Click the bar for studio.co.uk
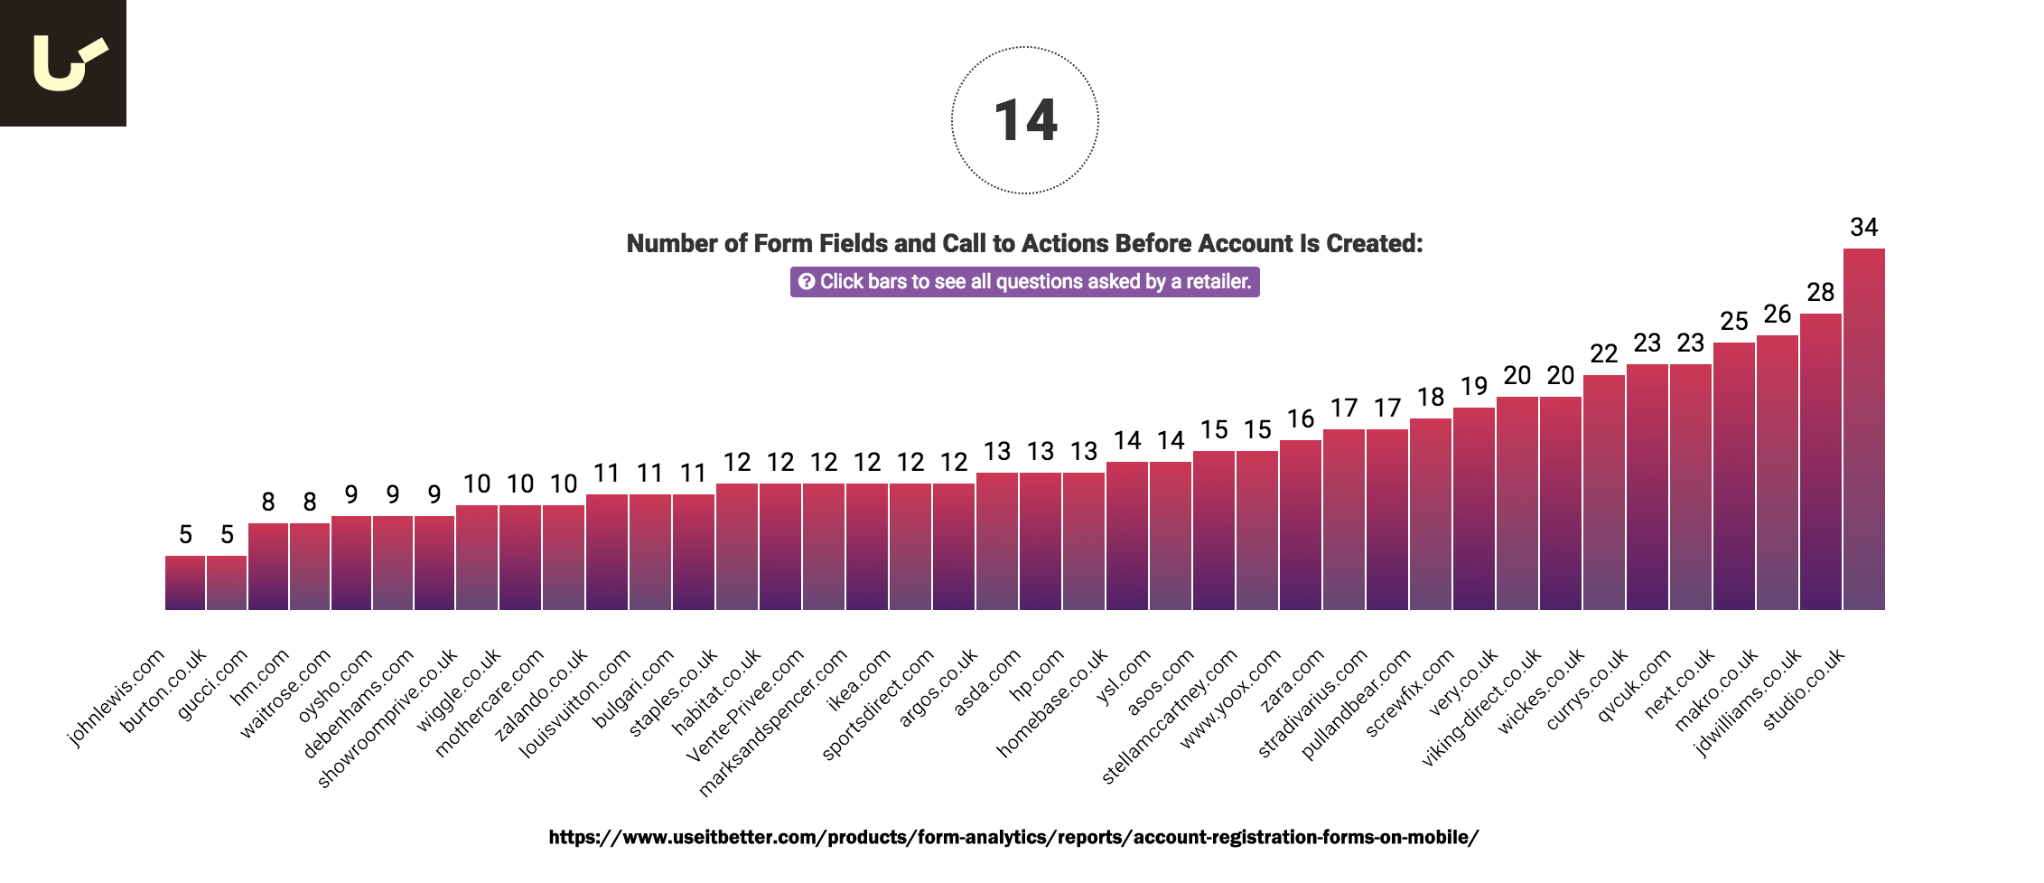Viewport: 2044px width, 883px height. pyautogui.click(x=1863, y=429)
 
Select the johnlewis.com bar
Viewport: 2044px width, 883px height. pyautogui.click(x=185, y=583)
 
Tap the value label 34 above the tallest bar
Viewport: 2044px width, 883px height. pyautogui.click(x=1863, y=227)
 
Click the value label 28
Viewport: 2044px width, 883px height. pyautogui.click(x=1820, y=292)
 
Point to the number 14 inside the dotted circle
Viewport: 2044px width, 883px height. pyautogui.click(x=1025, y=121)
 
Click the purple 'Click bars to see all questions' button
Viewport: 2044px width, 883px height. pyautogui.click(x=1024, y=282)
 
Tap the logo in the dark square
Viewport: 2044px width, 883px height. pyautogui.click(x=63, y=63)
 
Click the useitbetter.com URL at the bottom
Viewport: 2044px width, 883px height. pyautogui.click(x=1013, y=837)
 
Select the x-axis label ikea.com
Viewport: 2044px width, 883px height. pyautogui.click(x=858, y=680)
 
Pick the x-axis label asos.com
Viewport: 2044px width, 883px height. pyautogui.click(x=1160, y=682)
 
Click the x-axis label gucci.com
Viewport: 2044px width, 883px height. pyautogui.click(x=212, y=685)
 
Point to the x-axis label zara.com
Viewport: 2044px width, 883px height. pyautogui.click(x=1292, y=681)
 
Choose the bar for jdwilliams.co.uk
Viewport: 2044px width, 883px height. pyautogui.click(x=1820, y=461)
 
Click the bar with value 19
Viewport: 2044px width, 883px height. pyautogui.click(x=1473, y=509)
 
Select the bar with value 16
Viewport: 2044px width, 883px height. pyautogui.click(x=1300, y=525)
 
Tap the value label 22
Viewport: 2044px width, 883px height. pyautogui.click(x=1603, y=353)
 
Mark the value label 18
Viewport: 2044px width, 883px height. pyautogui.click(x=1430, y=397)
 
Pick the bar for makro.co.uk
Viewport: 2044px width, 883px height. pyautogui.click(x=1777, y=473)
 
